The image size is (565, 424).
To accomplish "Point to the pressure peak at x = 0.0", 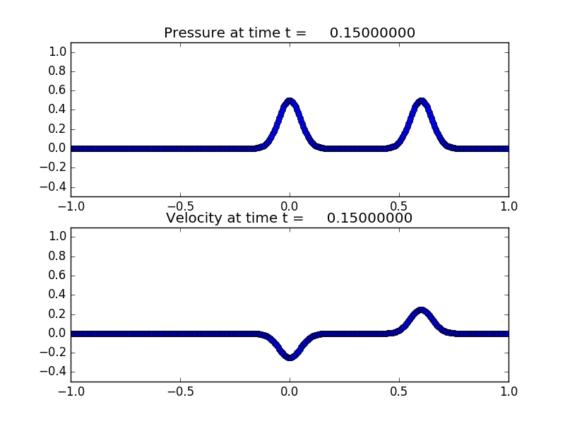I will pyautogui.click(x=290, y=101).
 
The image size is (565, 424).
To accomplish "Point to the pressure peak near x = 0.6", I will pyautogui.click(x=421, y=101).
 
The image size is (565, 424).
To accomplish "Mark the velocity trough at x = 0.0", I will pyautogui.click(x=290, y=357).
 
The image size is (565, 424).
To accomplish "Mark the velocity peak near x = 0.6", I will pyautogui.click(x=421, y=310).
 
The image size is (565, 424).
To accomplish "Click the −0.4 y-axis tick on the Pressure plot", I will pyautogui.click(x=55, y=187).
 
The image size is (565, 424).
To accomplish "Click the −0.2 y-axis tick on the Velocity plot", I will pyautogui.click(x=55, y=352).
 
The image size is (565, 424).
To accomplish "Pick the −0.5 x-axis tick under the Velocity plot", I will pyautogui.click(x=180, y=391).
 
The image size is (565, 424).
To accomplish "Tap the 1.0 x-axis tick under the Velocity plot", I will pyautogui.click(x=509, y=391).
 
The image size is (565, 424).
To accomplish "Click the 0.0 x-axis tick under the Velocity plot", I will pyautogui.click(x=290, y=391).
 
